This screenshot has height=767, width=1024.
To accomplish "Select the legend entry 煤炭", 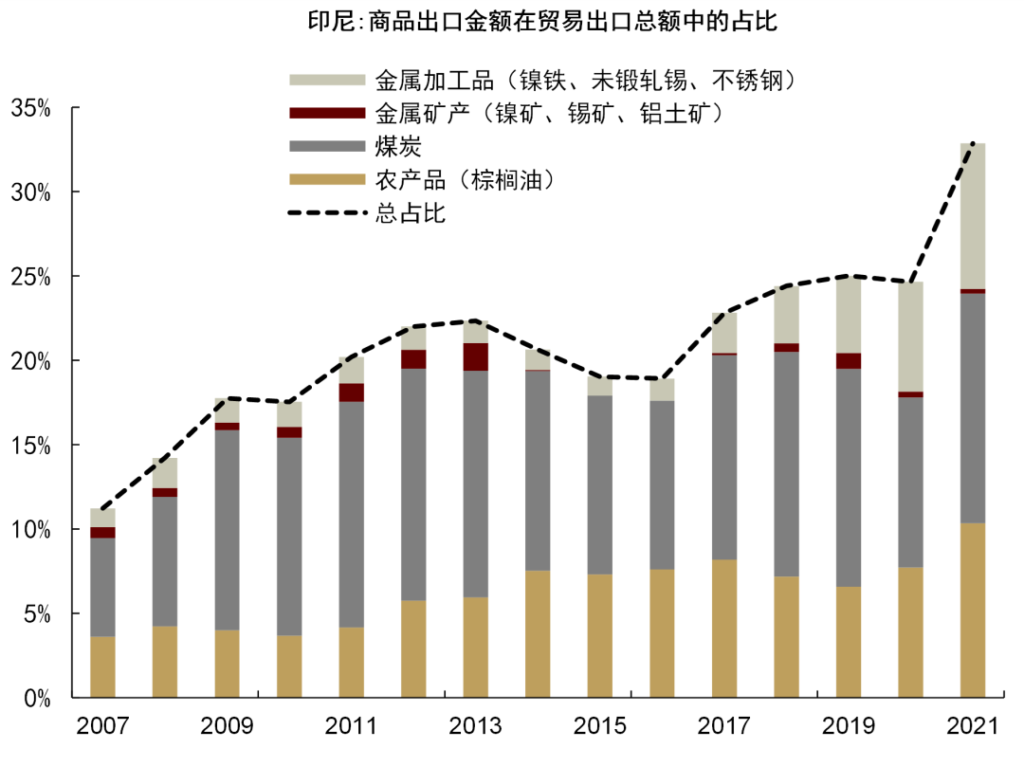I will (x=397, y=146).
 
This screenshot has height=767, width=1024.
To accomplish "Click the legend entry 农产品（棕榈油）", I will (x=464, y=179).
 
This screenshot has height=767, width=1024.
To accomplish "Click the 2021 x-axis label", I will (x=973, y=727).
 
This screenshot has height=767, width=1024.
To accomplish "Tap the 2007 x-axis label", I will (x=103, y=727).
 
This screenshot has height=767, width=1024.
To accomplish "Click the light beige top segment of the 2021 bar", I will (x=973, y=216).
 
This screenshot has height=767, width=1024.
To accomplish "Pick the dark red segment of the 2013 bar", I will (x=476, y=356).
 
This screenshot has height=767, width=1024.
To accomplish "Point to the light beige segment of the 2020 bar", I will (x=911, y=337).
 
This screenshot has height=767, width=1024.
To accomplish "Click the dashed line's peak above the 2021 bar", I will (x=973, y=143).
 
